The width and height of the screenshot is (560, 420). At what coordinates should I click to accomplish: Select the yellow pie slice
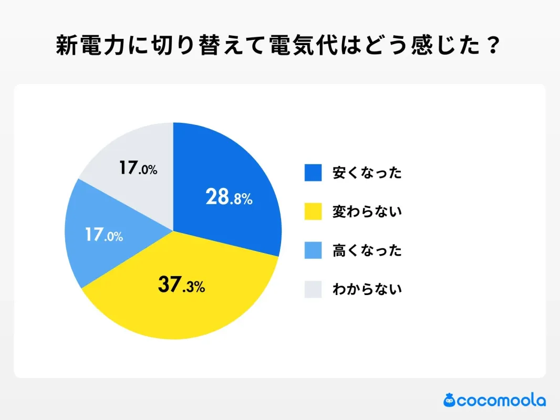(x=179, y=310)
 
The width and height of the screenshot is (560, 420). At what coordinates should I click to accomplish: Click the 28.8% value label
(x=229, y=197)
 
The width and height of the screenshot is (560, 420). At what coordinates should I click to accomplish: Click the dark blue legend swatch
(x=313, y=173)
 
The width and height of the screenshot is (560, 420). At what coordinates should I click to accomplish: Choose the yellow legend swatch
(x=313, y=212)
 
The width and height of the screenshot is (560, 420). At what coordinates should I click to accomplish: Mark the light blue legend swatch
(x=313, y=250)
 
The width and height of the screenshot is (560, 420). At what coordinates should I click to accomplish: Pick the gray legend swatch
(x=313, y=289)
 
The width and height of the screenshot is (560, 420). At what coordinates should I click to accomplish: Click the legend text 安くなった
(x=367, y=173)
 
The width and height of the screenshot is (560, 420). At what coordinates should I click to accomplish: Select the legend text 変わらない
(x=367, y=212)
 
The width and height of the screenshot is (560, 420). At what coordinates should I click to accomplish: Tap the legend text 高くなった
(x=367, y=250)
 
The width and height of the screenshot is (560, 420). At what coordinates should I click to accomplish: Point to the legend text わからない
(x=367, y=289)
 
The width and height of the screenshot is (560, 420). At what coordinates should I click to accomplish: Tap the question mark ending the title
(x=491, y=47)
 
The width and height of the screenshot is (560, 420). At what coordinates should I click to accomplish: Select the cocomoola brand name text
(x=501, y=401)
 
